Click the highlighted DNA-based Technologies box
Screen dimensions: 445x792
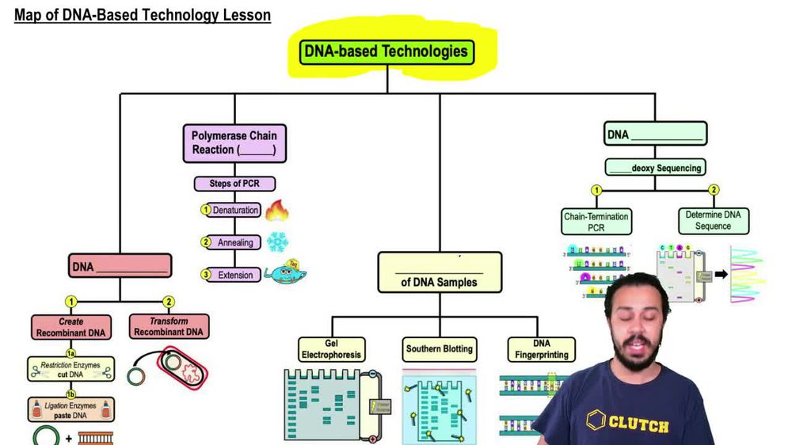[x=387, y=52]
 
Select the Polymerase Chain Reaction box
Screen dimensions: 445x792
[x=234, y=143]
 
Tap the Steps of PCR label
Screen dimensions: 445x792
[x=235, y=184]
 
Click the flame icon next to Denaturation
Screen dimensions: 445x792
[x=276, y=211]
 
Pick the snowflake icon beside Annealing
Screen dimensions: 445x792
[x=277, y=242]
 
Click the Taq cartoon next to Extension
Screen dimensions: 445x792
[x=285, y=273]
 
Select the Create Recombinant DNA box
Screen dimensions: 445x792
[x=71, y=327]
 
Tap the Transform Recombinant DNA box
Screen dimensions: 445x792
[x=169, y=327]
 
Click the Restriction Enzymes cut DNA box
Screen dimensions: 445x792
[x=71, y=368]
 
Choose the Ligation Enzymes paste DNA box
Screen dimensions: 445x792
[x=71, y=409]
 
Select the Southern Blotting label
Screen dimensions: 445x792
[x=440, y=348]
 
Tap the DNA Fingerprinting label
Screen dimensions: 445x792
[x=542, y=349]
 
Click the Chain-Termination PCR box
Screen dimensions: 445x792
[x=596, y=221]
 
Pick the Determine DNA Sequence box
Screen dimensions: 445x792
[x=713, y=220]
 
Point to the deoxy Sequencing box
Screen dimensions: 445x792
[x=655, y=168]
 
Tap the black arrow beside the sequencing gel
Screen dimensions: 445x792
[x=721, y=275]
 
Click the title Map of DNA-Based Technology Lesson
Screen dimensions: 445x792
[x=143, y=15]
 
